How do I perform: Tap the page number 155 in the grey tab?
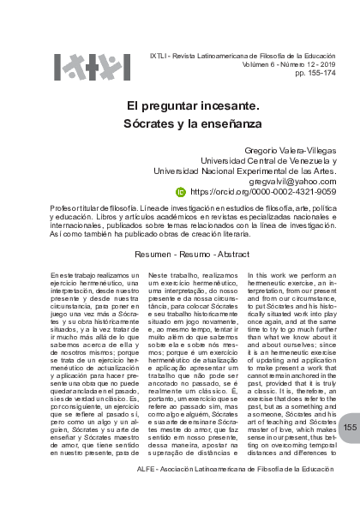[x=350, y=451]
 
